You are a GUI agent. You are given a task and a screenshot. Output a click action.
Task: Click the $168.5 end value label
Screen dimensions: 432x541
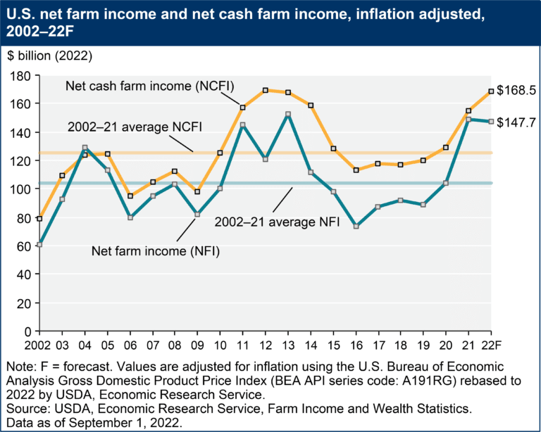[x=517, y=91]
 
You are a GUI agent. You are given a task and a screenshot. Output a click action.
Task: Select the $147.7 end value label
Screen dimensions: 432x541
[x=517, y=122]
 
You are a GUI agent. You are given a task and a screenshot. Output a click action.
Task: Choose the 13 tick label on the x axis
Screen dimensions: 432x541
[x=288, y=344]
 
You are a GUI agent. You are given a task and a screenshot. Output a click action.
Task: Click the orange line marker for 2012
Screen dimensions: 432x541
[x=266, y=90]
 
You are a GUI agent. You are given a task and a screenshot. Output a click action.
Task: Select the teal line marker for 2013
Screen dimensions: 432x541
[x=288, y=114]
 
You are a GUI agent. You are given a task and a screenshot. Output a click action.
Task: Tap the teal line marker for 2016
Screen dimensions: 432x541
[x=356, y=227]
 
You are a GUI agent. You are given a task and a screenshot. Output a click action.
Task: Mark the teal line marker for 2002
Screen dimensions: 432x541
[x=39, y=244]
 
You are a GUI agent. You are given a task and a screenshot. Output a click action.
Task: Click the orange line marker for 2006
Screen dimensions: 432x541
[x=130, y=196]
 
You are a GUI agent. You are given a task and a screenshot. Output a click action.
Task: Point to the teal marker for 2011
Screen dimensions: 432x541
[x=243, y=125]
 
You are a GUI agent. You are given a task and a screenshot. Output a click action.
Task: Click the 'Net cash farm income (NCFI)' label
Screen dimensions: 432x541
[x=149, y=86]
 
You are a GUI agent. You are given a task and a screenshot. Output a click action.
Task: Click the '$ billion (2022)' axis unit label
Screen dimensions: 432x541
[x=46, y=55]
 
